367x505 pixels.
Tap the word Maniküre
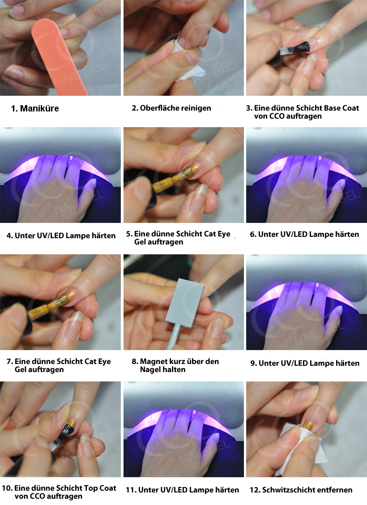pyautogui.click(x=39, y=108)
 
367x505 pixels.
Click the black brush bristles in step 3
pyautogui.click(x=303, y=47)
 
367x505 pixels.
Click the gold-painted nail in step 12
pyautogui.click(x=307, y=425)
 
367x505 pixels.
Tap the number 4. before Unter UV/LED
pyautogui.click(x=10, y=236)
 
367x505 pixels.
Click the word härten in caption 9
pyautogui.click(x=347, y=363)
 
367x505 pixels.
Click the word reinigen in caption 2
pyautogui.click(x=196, y=108)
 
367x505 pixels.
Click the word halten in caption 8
pyautogui.click(x=174, y=369)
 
